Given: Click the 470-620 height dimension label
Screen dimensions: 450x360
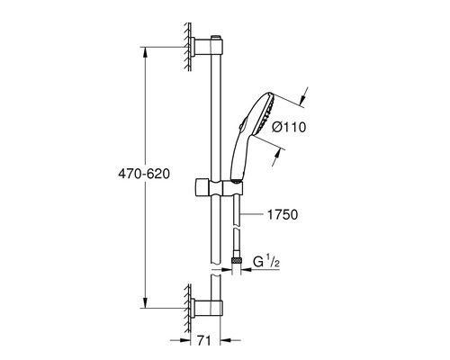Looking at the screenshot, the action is coord(144,174).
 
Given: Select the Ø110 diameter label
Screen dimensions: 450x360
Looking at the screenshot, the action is coord(289,127).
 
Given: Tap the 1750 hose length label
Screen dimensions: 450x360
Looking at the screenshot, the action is coord(283,214).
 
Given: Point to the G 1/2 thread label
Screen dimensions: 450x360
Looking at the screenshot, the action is coord(266,262).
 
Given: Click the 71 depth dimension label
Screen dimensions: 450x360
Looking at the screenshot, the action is coord(204,340).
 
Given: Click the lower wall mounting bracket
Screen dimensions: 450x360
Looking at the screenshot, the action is coord(206,308).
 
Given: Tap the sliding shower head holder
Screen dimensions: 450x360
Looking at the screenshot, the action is coord(219,188).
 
